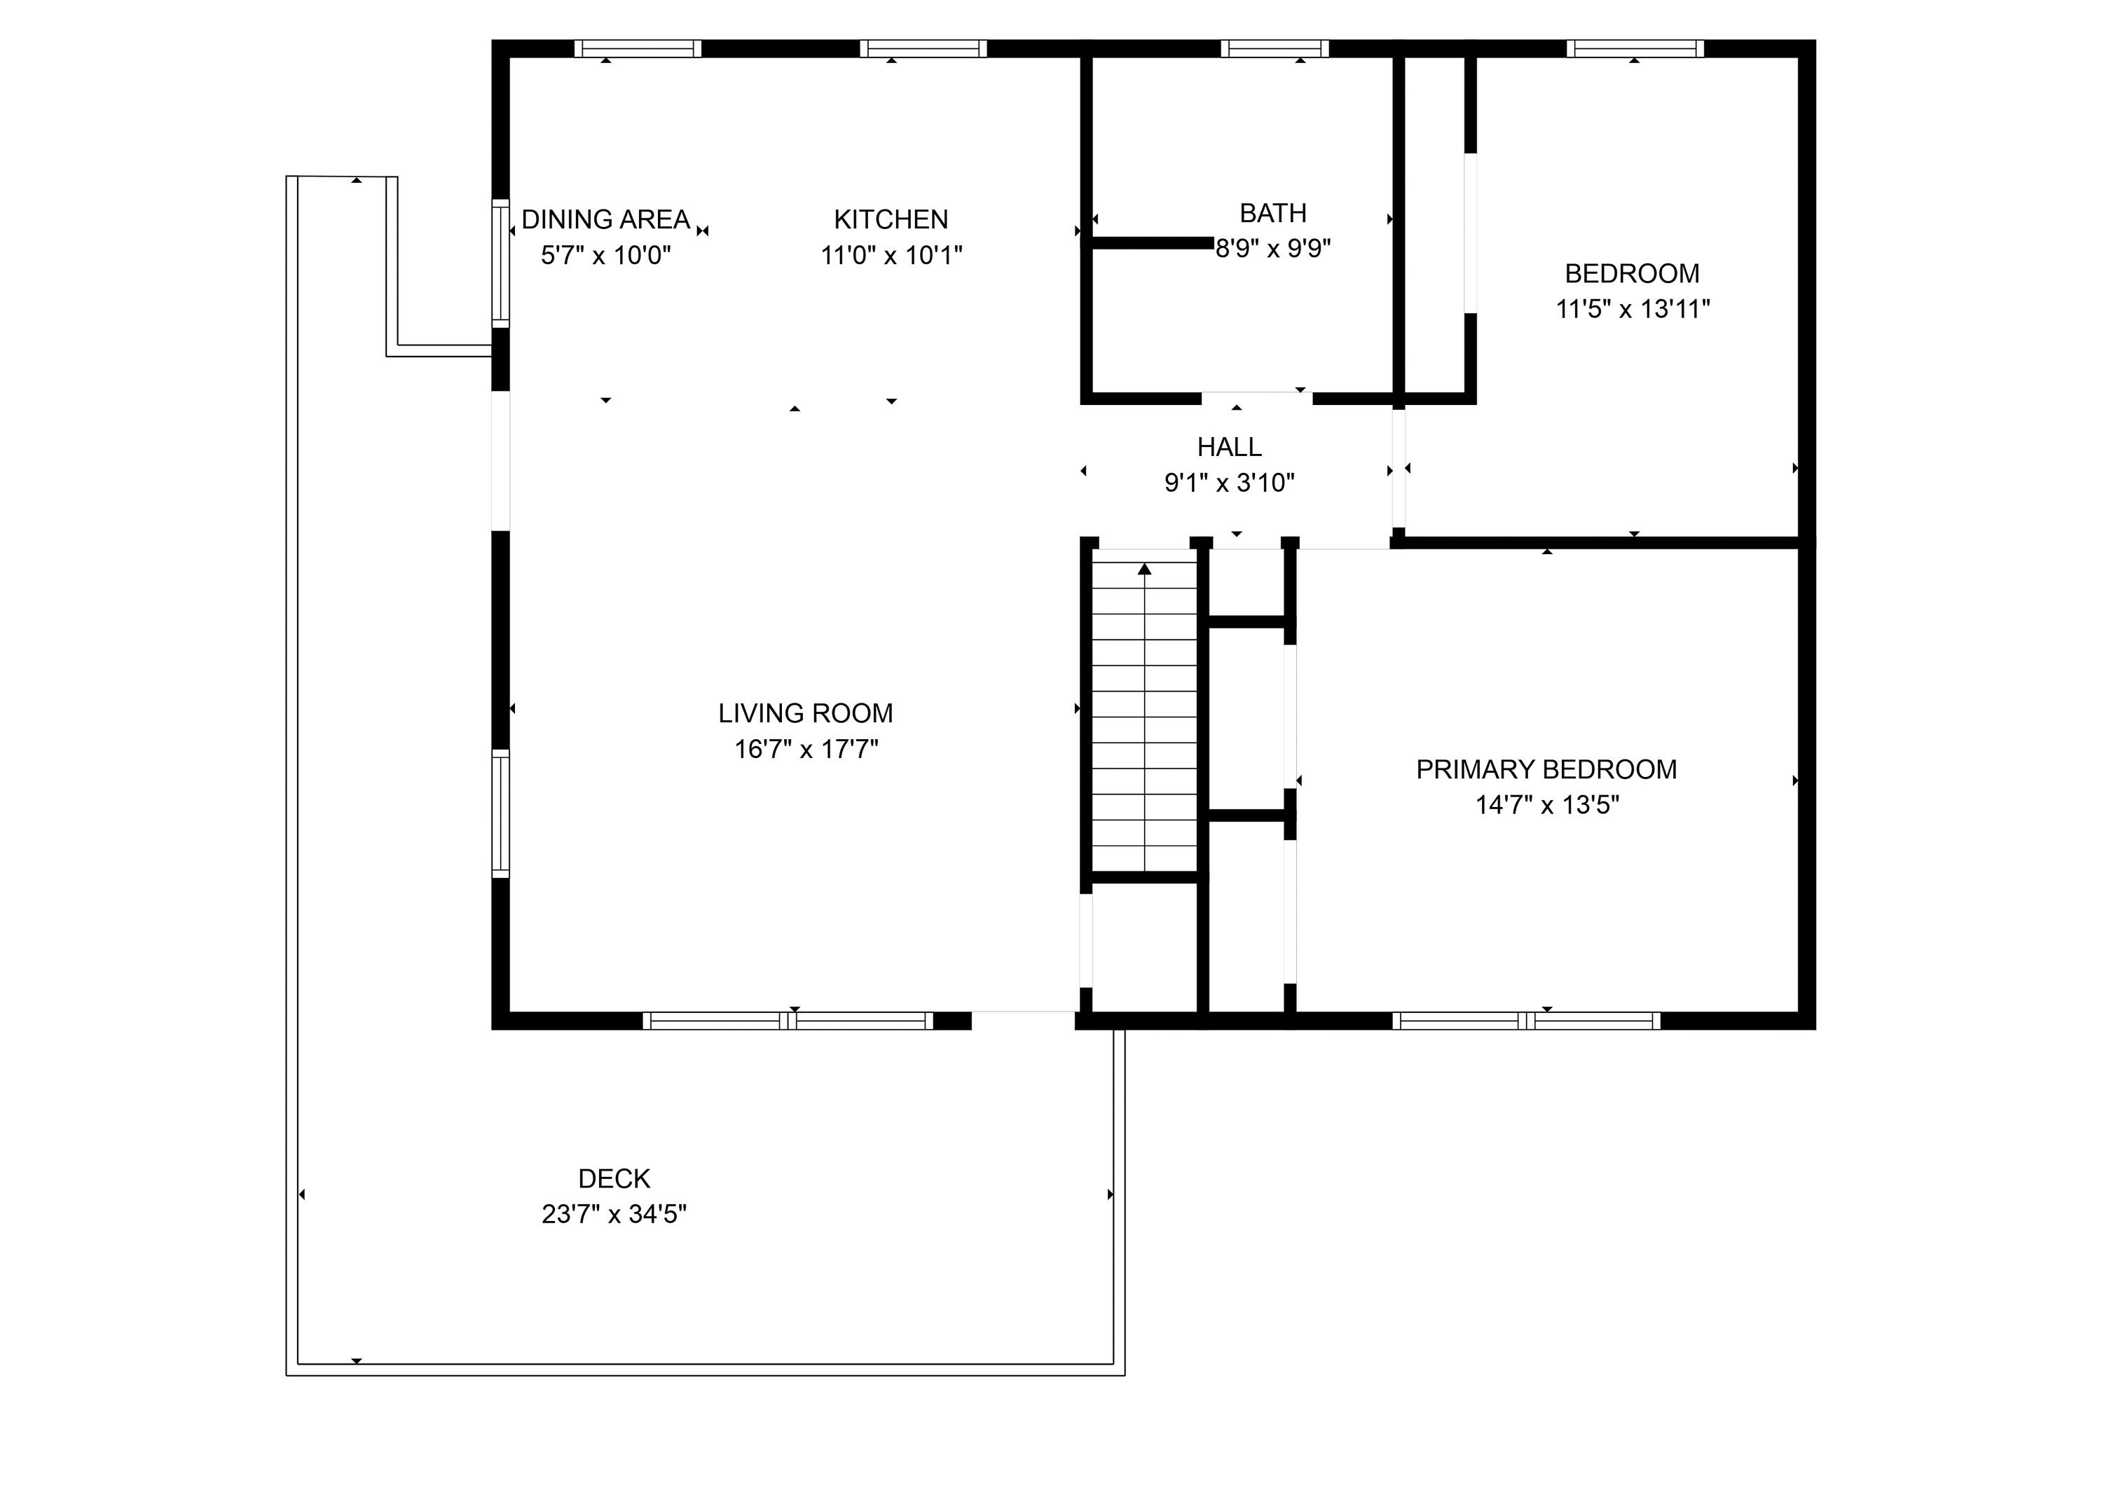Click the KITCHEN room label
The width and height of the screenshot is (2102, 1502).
coord(891,219)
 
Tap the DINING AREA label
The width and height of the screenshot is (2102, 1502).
coord(605,219)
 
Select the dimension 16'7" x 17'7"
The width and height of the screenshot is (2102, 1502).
coord(806,748)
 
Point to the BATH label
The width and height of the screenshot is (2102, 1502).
coord(1272,213)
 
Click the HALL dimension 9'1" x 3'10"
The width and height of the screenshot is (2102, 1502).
coord(1229,482)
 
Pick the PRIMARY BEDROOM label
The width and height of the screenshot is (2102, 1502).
coord(1545,769)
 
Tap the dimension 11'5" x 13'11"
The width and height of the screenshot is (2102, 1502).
coord(1633,308)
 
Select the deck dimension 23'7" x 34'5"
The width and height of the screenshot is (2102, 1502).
coord(614,1213)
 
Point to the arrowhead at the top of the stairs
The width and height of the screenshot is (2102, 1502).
coord(1145,569)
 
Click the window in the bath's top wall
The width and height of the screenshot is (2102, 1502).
coord(1275,48)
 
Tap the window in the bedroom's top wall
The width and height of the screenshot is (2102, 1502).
coord(1634,48)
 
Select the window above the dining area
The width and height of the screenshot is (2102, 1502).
coord(637,48)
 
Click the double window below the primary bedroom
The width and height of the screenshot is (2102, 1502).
coord(1526,1020)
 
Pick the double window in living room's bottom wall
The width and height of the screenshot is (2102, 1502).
coord(788,1020)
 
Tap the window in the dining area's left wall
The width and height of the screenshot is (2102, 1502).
coord(500,263)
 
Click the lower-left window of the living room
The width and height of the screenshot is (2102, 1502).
coord(500,814)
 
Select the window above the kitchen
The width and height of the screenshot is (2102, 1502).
coord(923,48)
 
